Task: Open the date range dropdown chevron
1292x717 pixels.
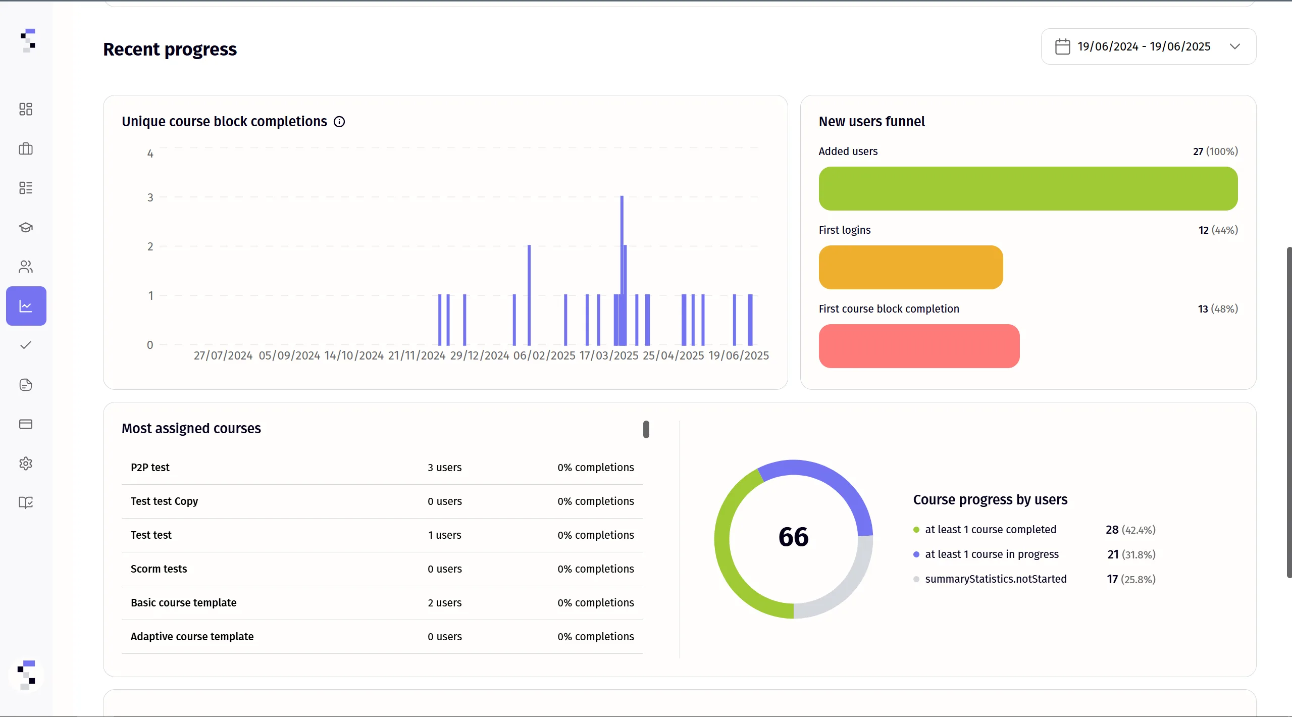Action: pos(1235,46)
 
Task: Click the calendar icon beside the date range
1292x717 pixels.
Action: pos(1062,46)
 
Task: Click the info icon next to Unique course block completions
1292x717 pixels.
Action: pos(339,122)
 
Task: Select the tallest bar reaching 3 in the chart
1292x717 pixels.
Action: pos(622,270)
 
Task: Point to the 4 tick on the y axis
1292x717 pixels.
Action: pos(150,153)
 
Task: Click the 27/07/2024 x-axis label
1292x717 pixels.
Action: pos(223,355)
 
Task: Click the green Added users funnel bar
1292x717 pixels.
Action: pos(1028,188)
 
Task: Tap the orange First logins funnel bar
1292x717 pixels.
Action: pos(911,267)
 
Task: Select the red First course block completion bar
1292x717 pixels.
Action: pos(919,346)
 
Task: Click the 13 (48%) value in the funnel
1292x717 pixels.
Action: pos(1218,309)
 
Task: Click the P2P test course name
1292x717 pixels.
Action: pos(150,468)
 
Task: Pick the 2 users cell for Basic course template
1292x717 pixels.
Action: pos(444,603)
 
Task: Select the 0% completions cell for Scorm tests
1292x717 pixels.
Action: pos(596,569)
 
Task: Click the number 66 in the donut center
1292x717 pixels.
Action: pos(793,537)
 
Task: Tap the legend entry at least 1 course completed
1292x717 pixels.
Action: pos(990,530)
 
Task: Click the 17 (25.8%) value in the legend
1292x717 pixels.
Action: pos(1131,579)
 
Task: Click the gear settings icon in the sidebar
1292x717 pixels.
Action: pos(26,464)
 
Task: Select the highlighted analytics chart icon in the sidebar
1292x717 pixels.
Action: pos(26,306)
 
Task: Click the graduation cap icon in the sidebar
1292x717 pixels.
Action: pos(26,227)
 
